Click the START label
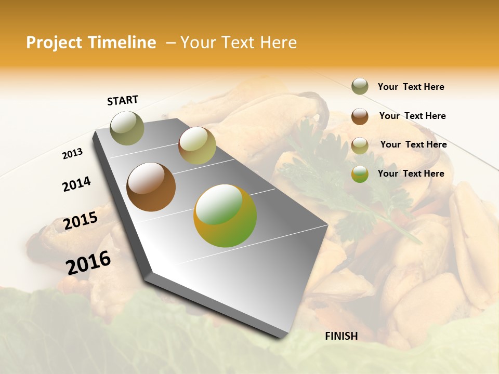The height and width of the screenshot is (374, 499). [x=123, y=100]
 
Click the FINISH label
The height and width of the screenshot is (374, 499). [x=341, y=336]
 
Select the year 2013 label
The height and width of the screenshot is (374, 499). [x=72, y=154]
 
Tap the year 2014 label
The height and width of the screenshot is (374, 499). [x=76, y=184]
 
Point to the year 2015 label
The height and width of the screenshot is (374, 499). [x=81, y=221]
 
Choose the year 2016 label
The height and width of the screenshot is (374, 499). [x=88, y=262]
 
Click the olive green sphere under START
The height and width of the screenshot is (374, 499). [x=127, y=128]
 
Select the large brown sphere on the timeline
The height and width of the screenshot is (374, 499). [x=151, y=187]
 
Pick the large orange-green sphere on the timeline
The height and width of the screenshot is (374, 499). [x=225, y=216]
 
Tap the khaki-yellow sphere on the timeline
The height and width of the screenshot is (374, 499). [x=197, y=145]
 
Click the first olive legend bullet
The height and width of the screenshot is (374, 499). [x=360, y=87]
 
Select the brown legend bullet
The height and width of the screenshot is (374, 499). [x=360, y=116]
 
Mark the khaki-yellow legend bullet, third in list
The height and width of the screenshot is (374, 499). [x=360, y=145]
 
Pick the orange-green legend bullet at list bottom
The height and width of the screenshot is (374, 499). [x=360, y=174]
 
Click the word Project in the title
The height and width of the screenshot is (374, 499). [x=54, y=43]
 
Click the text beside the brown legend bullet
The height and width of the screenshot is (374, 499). [x=412, y=116]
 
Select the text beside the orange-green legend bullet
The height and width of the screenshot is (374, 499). [x=411, y=173]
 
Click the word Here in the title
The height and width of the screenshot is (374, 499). [x=278, y=43]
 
